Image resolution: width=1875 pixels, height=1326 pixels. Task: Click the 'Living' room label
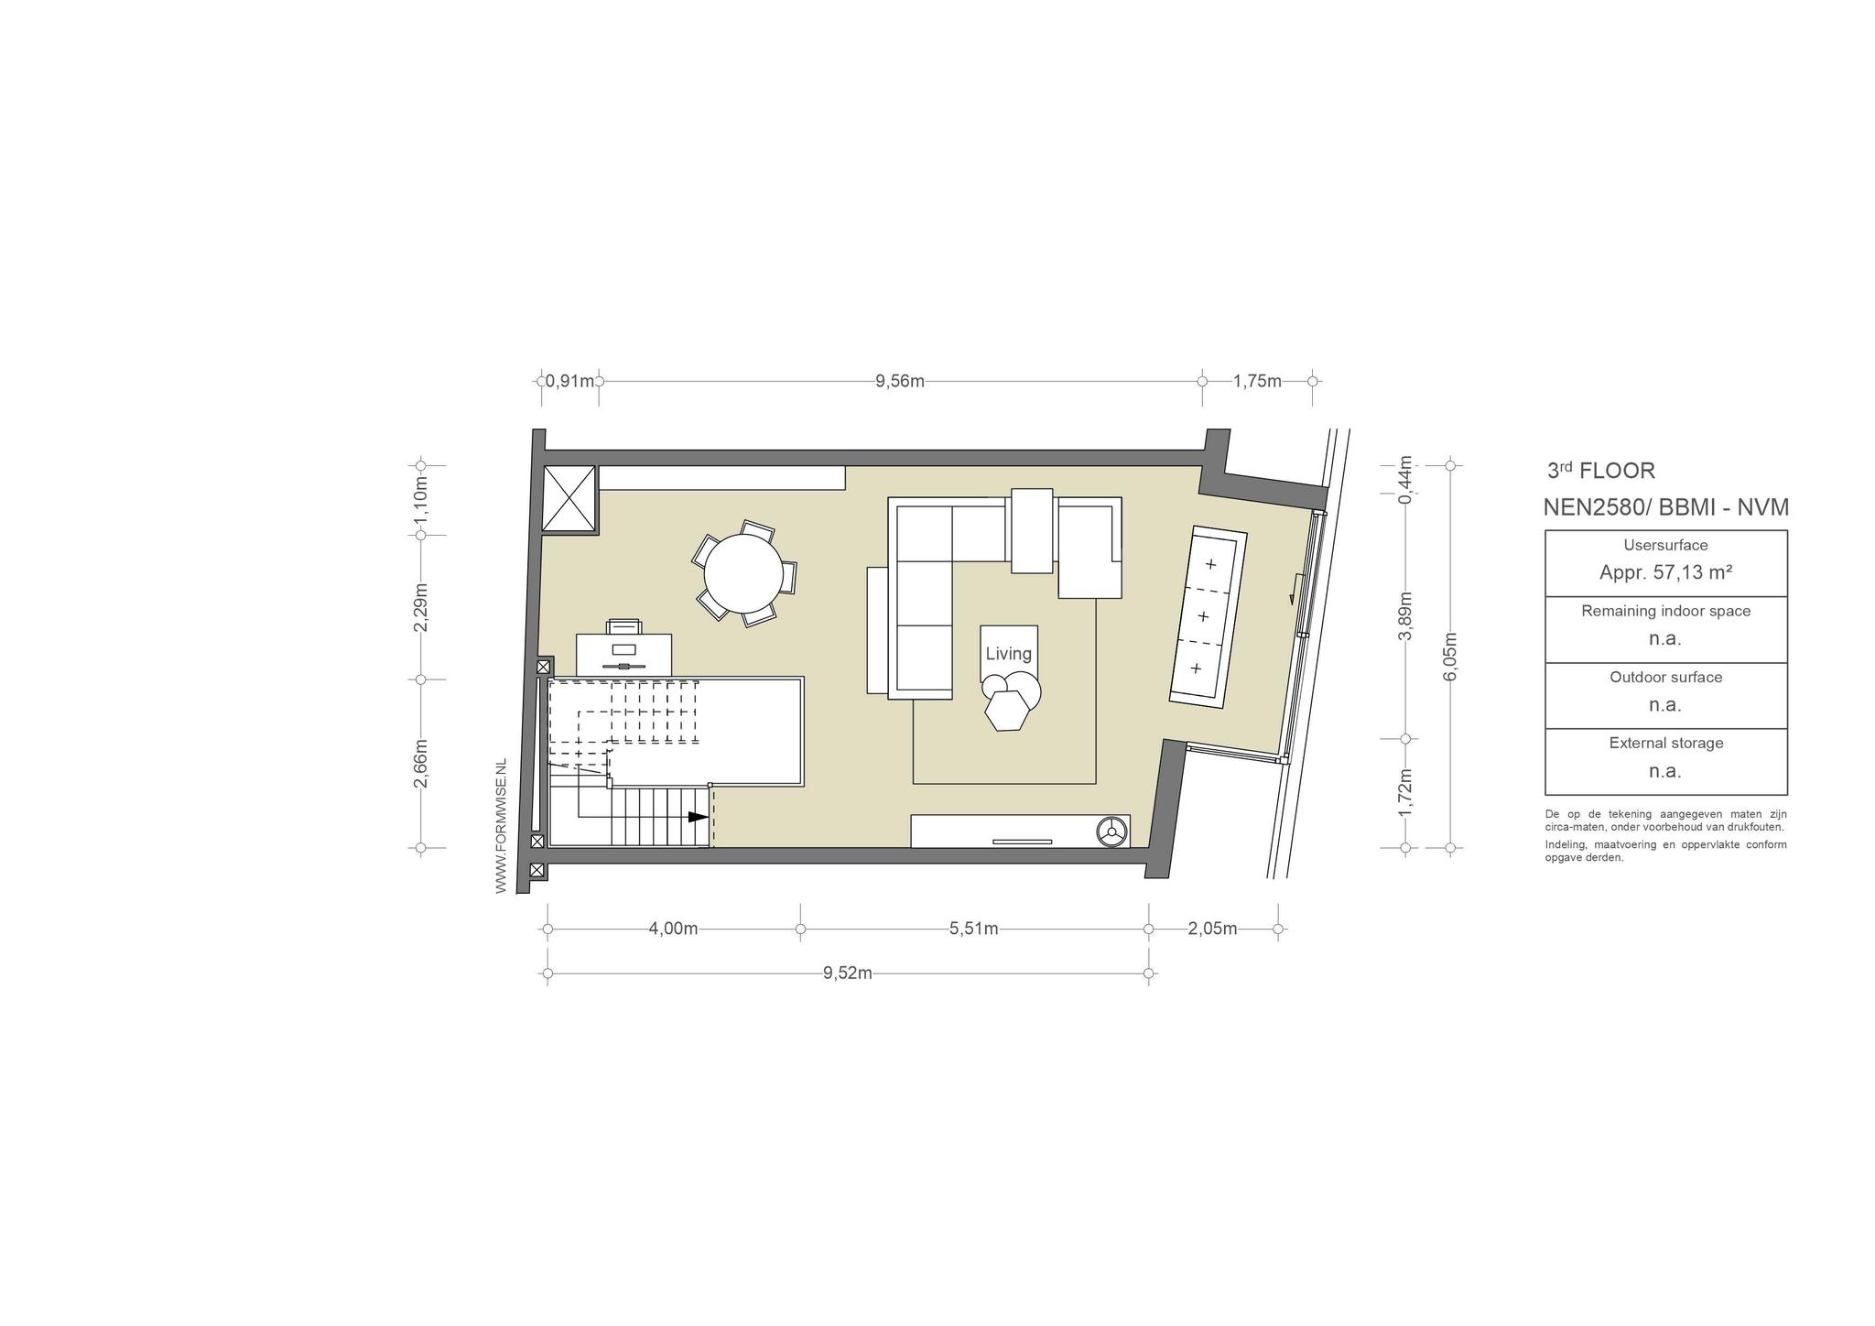click(x=1008, y=654)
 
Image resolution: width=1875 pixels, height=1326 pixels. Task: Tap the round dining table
click(x=742, y=574)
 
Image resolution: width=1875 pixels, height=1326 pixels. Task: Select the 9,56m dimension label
click(x=900, y=381)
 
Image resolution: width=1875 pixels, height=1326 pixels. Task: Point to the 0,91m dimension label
click(x=569, y=381)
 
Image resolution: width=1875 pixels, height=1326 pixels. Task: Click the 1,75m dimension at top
click(x=1257, y=381)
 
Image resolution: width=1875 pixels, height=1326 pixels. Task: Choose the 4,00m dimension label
click(x=673, y=929)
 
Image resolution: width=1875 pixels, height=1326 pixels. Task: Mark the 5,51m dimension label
click(x=973, y=929)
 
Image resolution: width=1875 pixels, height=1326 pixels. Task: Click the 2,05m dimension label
click(x=1212, y=929)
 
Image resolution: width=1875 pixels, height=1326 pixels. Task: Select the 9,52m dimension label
click(x=847, y=973)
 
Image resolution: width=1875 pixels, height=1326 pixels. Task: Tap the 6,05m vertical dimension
click(x=1449, y=657)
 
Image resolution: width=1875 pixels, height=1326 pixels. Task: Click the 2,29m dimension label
click(x=420, y=607)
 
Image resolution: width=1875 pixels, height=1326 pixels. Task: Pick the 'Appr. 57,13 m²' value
click(x=1665, y=572)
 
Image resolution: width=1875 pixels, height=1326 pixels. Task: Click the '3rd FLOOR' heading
click(x=1601, y=471)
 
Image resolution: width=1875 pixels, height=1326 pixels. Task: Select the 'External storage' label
click(x=1666, y=743)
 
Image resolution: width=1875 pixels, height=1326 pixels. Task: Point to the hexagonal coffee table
click(x=1007, y=711)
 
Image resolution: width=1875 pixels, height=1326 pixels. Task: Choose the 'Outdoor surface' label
click(x=1666, y=677)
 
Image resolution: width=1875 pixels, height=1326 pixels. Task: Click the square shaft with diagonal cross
click(x=569, y=498)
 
